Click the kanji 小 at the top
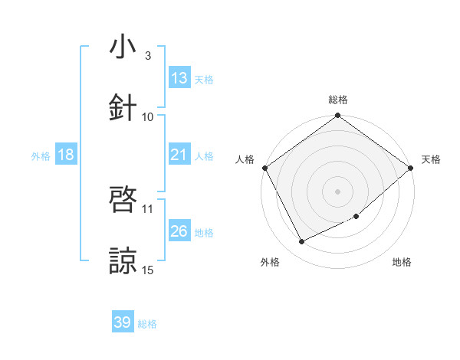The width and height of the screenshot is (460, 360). click(123, 47)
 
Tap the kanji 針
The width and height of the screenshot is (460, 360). click(123, 107)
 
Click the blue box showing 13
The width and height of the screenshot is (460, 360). click(179, 78)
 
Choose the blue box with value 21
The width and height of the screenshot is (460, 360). click(179, 155)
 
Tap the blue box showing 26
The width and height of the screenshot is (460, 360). click(179, 231)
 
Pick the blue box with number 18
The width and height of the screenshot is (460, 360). click(66, 155)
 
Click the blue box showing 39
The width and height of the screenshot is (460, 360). click(123, 322)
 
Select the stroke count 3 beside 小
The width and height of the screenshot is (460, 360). click(147, 55)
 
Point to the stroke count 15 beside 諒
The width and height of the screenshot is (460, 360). click(148, 270)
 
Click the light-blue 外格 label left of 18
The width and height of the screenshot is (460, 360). click(41, 155)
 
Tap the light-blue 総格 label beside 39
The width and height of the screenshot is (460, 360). click(147, 324)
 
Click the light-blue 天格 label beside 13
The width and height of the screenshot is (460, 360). click(204, 79)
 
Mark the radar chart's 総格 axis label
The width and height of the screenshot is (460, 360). click(338, 100)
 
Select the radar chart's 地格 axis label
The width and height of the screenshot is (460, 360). click(402, 262)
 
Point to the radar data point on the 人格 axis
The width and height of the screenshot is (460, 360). click(264, 168)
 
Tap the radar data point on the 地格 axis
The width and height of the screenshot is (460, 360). click(356, 217)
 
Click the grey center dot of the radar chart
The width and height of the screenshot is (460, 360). click(338, 191)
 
